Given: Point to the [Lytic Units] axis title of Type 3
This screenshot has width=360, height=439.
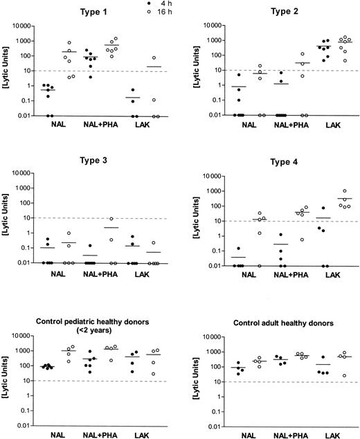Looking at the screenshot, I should (8, 217).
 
